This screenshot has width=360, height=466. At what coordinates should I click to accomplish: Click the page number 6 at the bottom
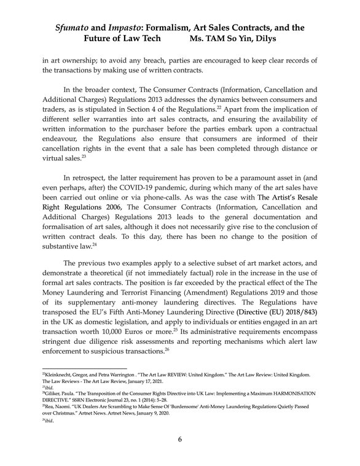point(180,440)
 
